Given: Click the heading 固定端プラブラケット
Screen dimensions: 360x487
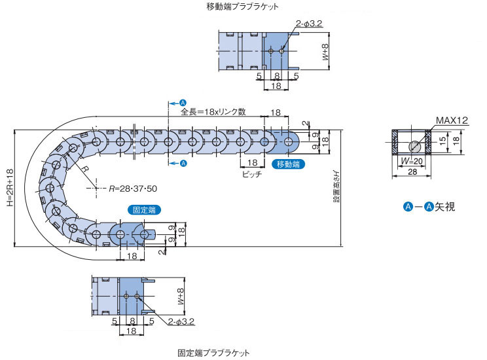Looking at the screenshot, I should [x=213, y=353].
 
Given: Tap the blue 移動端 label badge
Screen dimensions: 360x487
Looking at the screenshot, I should [x=287, y=164].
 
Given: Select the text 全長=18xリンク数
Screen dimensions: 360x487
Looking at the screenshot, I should [x=213, y=112].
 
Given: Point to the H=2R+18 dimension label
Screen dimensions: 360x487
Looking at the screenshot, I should [x=9, y=189].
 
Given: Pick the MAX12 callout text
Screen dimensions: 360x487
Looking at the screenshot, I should [x=452, y=120].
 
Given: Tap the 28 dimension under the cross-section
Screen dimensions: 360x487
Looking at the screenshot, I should [x=410, y=171].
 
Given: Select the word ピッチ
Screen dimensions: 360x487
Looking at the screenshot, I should [x=251, y=175].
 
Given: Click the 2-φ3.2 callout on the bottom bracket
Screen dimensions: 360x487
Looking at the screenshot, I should [x=181, y=321].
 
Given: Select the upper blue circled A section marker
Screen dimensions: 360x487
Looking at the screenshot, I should [x=183, y=103].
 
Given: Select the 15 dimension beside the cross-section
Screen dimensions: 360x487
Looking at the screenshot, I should [x=442, y=139].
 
